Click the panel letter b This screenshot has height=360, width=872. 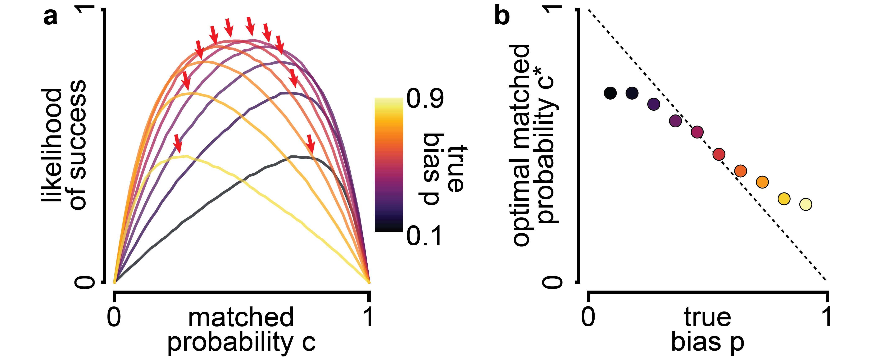click(502, 16)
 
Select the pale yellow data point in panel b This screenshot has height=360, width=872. click(806, 204)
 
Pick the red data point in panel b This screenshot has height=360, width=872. click(719, 154)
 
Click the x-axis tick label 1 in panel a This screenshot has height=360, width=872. click(368, 317)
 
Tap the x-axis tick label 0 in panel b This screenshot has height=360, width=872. click(588, 317)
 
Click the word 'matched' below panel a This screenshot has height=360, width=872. click(241, 317)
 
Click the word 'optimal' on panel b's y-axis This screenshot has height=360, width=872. click(522, 217)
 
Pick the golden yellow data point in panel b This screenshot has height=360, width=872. click(784, 198)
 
